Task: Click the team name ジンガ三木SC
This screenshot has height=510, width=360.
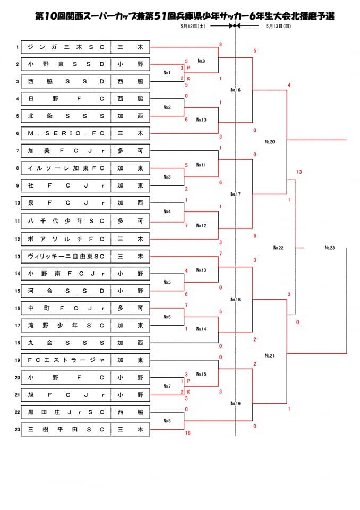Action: coord(66,47)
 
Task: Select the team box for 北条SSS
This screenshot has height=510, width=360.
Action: coord(66,116)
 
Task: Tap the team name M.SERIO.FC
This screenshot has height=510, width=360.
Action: coord(66,133)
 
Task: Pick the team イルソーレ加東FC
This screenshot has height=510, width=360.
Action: coord(66,168)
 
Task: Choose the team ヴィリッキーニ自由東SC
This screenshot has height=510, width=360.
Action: coord(66,256)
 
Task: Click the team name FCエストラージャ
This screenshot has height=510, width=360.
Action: coord(66,360)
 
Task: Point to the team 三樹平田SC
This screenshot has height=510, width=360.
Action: coord(66,429)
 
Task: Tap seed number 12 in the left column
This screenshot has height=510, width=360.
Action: coord(18,239)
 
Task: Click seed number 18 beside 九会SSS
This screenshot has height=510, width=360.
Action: coord(18,343)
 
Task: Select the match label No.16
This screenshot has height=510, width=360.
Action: coord(236,90)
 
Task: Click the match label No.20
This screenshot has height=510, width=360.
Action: coord(270,142)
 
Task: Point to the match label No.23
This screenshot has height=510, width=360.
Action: coord(329,248)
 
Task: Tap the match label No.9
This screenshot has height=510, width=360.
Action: coord(201,61)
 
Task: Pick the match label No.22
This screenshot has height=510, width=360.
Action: coord(278,248)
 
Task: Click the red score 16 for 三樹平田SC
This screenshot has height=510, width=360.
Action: coord(187,433)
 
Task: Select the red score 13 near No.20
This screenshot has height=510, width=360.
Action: coord(299,172)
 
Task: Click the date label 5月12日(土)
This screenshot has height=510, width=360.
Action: coord(193,25)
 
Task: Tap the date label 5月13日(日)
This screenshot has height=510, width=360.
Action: coord(278,25)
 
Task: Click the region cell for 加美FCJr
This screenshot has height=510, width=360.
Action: coord(131,151)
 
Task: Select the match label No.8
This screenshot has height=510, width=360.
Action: coord(167,420)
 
